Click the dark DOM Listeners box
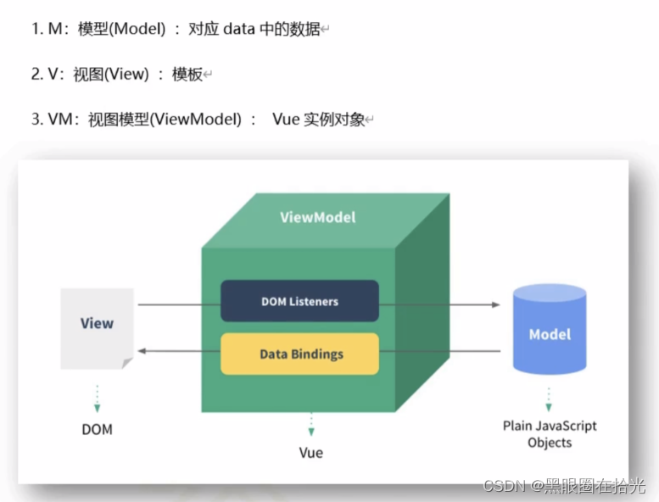(x=299, y=301)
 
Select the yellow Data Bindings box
(x=299, y=354)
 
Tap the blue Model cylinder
(x=550, y=334)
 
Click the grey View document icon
(x=97, y=327)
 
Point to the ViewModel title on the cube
(x=318, y=217)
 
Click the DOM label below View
(x=97, y=429)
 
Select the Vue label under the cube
(x=310, y=452)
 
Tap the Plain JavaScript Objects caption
(x=550, y=433)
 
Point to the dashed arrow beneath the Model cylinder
(x=549, y=399)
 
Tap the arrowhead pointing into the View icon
(x=142, y=350)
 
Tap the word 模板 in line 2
(x=187, y=75)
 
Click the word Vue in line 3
(x=286, y=120)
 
